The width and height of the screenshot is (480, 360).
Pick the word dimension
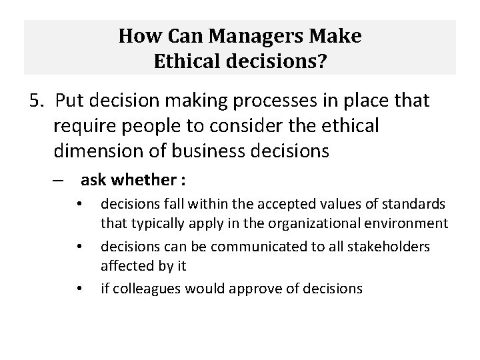(x=97, y=151)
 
